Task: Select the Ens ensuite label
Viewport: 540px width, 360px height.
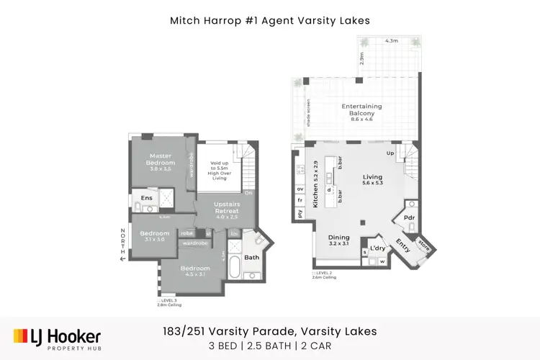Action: (x=146, y=198)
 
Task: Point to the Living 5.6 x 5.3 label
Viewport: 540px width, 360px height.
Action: (x=372, y=181)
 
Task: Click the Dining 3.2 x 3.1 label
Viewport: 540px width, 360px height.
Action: (x=338, y=240)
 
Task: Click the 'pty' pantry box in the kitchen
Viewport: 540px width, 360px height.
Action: (x=300, y=212)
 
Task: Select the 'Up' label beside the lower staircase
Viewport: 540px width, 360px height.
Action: (x=391, y=154)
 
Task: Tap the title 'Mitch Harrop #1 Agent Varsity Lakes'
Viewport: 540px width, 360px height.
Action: (x=269, y=21)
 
